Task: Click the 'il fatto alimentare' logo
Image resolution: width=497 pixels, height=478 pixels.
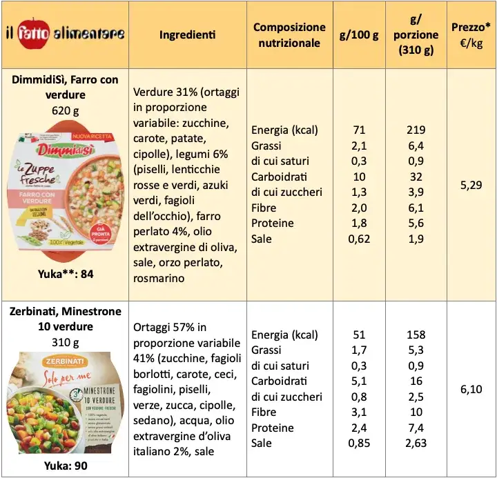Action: (x=64, y=34)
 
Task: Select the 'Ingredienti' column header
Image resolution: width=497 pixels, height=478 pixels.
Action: (x=186, y=34)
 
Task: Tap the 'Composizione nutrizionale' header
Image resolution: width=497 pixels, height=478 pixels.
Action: (x=289, y=34)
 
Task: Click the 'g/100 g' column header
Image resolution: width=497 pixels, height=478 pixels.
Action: (x=358, y=34)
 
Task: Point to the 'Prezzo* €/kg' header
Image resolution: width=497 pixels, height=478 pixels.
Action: (x=471, y=34)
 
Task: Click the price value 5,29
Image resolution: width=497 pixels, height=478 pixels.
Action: (x=471, y=185)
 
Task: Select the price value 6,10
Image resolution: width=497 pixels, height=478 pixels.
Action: (x=471, y=390)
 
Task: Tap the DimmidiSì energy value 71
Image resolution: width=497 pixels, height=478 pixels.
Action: (x=359, y=130)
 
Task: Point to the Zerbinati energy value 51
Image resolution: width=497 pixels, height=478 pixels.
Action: (x=359, y=335)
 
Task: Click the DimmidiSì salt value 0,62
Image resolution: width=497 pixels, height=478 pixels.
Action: (x=359, y=239)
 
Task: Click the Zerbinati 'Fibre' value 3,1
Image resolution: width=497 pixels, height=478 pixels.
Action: (x=359, y=412)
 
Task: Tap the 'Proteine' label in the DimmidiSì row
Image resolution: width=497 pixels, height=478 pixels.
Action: (x=273, y=223)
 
